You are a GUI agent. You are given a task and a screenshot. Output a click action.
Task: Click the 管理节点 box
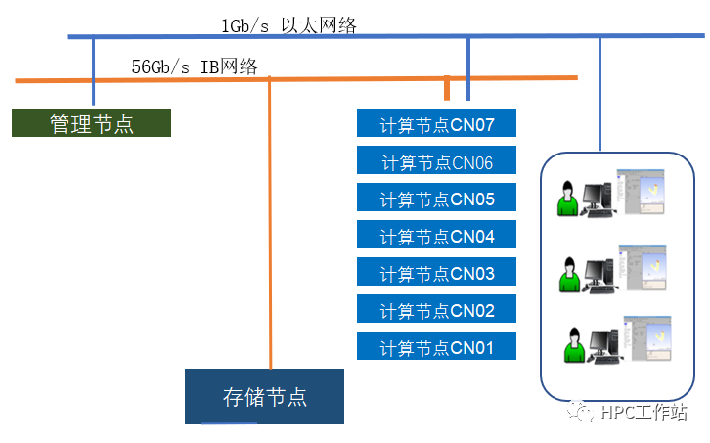[x=91, y=123]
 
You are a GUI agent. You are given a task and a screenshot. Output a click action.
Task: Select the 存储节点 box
[x=264, y=396]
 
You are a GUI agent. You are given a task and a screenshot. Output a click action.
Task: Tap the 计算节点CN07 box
[x=437, y=124]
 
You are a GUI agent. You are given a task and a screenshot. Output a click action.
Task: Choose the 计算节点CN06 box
[x=437, y=161]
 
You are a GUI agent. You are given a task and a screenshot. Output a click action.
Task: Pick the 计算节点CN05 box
[x=437, y=199]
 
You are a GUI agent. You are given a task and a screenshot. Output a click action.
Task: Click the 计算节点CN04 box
[x=437, y=236]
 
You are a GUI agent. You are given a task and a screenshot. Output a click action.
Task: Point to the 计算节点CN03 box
[x=437, y=273]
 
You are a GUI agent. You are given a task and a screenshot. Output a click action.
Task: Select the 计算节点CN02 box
[x=437, y=310]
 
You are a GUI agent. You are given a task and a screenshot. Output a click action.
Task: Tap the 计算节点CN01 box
[x=437, y=346]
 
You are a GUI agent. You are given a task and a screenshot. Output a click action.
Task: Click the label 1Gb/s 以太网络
[x=288, y=25]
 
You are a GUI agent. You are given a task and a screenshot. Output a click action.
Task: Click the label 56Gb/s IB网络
[x=195, y=66]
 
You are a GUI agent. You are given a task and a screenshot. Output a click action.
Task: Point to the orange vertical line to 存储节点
[x=269, y=225]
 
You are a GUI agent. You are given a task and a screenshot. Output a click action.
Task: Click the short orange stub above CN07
[x=447, y=89]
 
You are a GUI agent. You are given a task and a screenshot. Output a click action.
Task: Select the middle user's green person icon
[x=567, y=273]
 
